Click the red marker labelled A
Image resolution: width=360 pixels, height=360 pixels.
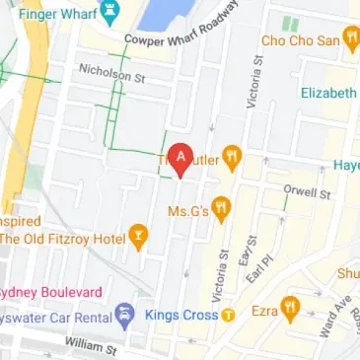point(180,158)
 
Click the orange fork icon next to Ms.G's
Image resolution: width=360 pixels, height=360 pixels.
point(221,208)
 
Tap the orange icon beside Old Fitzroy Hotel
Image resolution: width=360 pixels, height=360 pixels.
point(139,237)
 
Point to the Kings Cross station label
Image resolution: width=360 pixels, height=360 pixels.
point(180,316)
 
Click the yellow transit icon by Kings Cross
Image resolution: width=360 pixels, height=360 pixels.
point(228,316)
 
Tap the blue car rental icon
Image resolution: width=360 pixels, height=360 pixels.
point(124,316)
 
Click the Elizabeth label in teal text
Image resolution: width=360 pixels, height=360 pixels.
point(328,93)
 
